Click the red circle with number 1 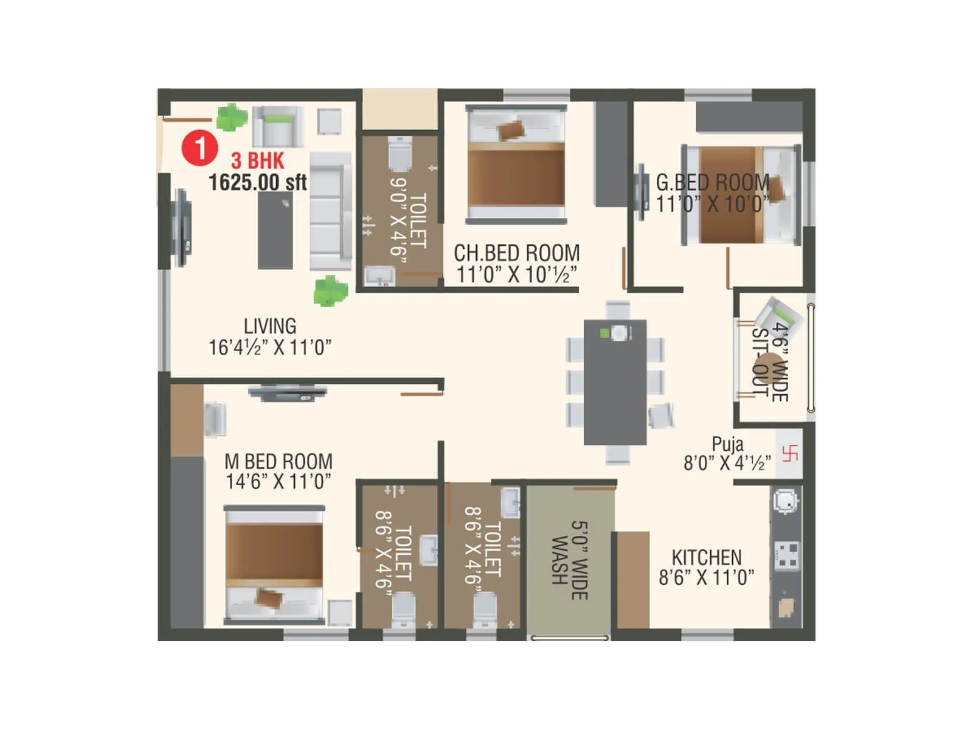click(199, 148)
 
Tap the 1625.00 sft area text click(257, 182)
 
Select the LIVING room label click(270, 326)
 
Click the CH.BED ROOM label click(516, 253)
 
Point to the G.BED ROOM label click(712, 182)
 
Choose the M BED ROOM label click(279, 461)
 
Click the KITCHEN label click(707, 557)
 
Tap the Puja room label click(727, 444)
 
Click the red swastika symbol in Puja click(789, 454)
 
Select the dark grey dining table click(615, 383)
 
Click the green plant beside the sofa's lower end click(330, 291)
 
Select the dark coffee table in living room click(275, 230)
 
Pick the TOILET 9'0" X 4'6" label click(408, 219)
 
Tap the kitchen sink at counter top click(785, 501)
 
